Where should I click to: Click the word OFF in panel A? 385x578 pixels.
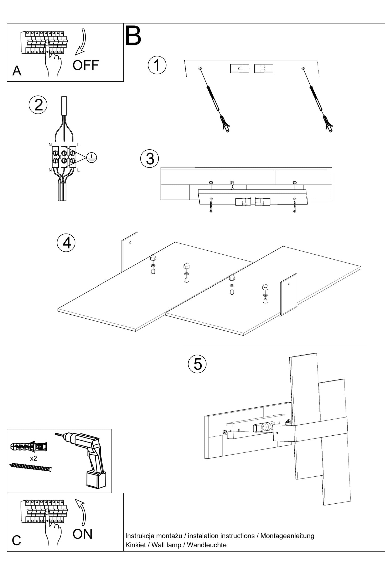coord(86,65)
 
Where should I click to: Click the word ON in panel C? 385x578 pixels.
coord(82,534)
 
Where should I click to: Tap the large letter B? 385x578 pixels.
coord(133,36)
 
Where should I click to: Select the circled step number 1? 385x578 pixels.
coord(157,65)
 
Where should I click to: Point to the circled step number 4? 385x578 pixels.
coord(66,243)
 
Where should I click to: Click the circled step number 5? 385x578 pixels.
coord(197,364)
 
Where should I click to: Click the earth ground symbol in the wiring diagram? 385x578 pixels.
coord(92,158)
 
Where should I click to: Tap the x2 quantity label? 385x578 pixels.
coord(34,458)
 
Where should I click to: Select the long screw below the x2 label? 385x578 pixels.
coord(30,467)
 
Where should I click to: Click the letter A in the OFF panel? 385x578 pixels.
coord(17,71)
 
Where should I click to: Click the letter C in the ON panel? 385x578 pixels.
coord(16,540)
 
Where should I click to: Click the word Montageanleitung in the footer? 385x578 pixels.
coord(287,536)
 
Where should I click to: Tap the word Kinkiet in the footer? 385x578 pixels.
coord(136,545)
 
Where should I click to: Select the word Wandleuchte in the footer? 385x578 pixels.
coord(206,545)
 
